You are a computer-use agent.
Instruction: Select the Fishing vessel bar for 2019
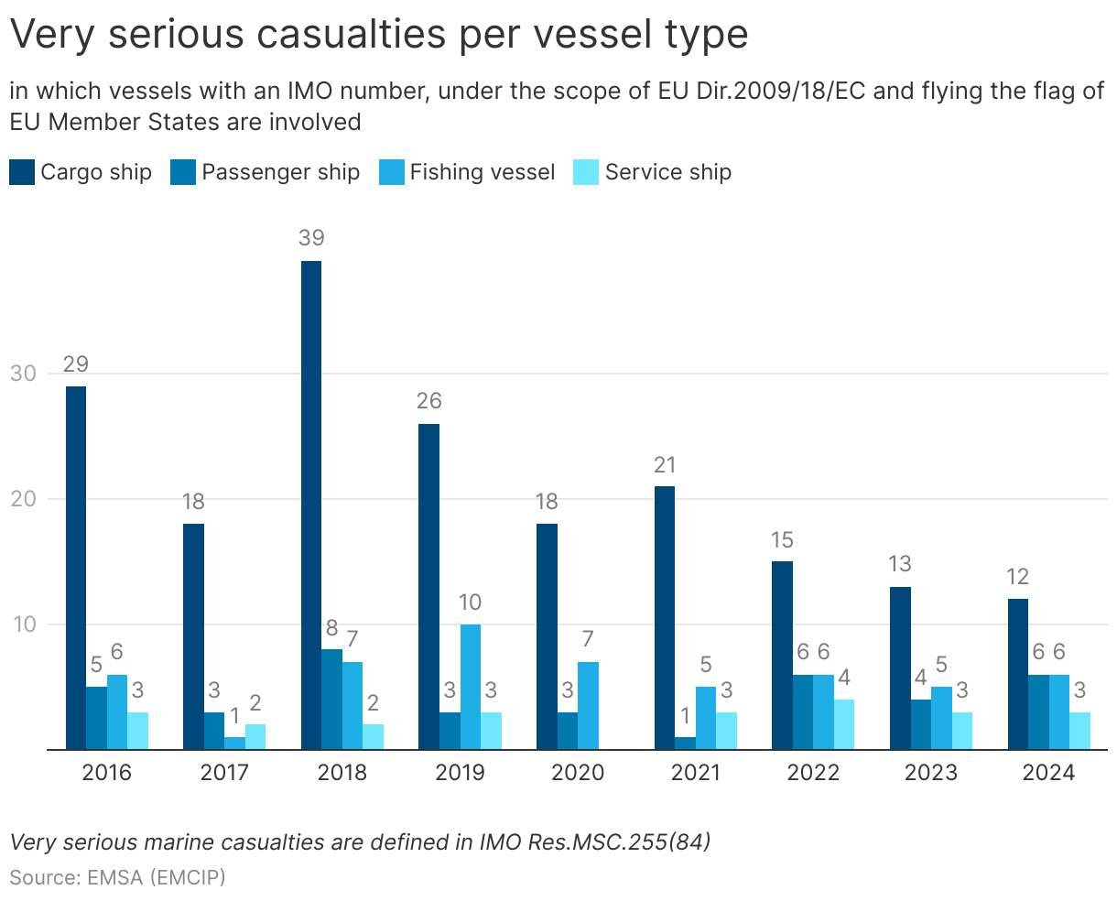coord(471,687)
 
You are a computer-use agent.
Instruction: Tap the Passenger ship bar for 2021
coord(686,744)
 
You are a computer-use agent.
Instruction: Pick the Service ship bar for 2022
coord(844,724)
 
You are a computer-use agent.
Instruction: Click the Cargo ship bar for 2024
coord(1018,674)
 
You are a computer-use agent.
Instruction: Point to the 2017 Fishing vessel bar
coord(235,744)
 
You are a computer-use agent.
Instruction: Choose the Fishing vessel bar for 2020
coord(588,706)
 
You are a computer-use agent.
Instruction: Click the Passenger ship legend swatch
coord(183,172)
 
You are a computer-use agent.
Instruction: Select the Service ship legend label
coord(668,172)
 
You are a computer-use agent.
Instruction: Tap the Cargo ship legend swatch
coord(22,172)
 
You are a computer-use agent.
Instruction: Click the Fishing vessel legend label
coord(483,172)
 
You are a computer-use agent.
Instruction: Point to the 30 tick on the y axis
coord(23,374)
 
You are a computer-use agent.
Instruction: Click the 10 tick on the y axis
coord(23,624)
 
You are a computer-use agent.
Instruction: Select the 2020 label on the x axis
coord(578,773)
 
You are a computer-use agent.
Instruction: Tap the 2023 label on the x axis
coord(931,773)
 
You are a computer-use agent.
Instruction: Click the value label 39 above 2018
coord(311,238)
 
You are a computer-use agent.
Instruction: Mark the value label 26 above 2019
coord(428,401)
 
